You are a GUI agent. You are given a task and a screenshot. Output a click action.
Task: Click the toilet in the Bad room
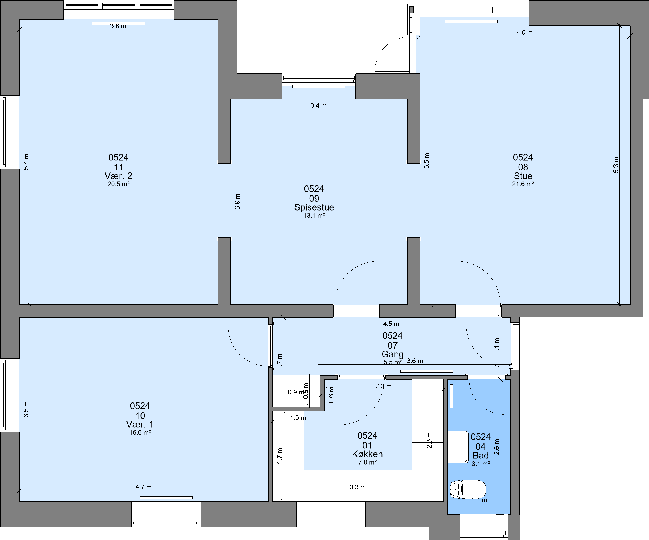point(468,489)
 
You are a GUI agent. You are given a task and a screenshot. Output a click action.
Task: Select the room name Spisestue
point(314,207)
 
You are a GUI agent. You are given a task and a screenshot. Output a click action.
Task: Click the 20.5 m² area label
point(118,184)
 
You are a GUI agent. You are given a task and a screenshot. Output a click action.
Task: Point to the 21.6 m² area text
point(523,184)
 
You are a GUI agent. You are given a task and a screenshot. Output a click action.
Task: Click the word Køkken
point(367,454)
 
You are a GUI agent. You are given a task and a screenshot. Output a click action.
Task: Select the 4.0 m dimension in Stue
point(524,32)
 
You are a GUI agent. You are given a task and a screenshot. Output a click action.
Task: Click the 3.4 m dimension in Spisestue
point(318,105)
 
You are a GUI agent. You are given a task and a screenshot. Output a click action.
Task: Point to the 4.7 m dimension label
point(143,487)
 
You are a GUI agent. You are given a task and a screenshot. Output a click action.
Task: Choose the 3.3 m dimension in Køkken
point(358,487)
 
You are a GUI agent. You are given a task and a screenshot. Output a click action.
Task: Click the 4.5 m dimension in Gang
point(391,324)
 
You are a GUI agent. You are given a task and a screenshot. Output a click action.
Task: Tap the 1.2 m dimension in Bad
point(479,500)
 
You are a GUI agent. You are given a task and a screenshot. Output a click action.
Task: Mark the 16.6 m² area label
point(140,433)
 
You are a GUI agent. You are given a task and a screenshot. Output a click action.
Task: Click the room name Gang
point(392,354)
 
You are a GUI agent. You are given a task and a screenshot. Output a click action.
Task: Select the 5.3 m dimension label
point(616,165)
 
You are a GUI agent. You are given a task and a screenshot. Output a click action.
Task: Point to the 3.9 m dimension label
point(237,202)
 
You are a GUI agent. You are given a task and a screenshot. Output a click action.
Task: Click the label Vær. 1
point(140,424)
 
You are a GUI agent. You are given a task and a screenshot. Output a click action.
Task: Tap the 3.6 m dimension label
point(415,361)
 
